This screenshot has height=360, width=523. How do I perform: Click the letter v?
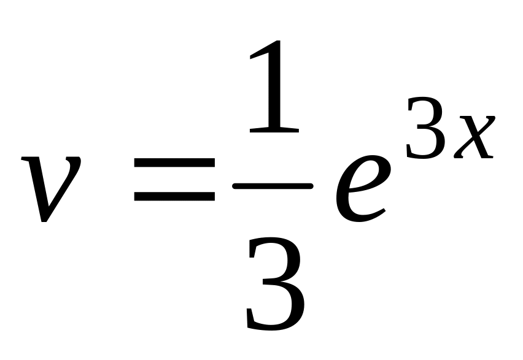(x=50, y=187)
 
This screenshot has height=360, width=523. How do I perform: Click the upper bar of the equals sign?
(x=174, y=163)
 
